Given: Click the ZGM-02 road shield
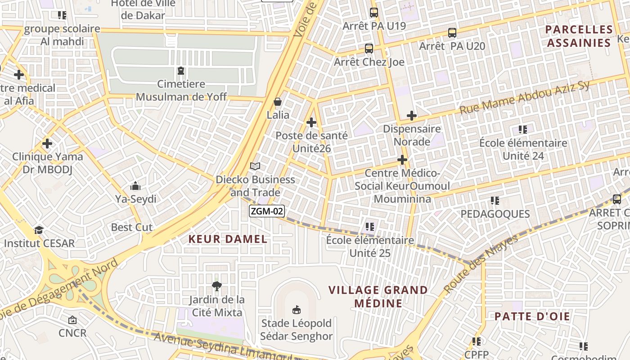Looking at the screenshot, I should tap(267, 211).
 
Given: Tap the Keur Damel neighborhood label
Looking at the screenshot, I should tap(228, 239).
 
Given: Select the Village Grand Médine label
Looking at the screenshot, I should tap(378, 297).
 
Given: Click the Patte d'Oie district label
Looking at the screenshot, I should tap(532, 316).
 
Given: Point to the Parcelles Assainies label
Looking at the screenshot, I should tap(579, 36).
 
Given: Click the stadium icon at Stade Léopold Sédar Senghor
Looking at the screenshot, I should tap(297, 310).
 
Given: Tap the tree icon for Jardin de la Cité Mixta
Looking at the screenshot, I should tap(216, 286).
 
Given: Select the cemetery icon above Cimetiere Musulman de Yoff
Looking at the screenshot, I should tap(181, 71).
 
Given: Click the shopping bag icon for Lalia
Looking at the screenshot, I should tap(278, 102).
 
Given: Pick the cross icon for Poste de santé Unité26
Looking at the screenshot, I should tap(311, 122).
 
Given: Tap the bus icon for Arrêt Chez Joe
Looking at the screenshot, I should tap(369, 49).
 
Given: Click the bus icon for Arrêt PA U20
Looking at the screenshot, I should tap(452, 33).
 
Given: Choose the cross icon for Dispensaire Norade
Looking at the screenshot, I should tap(411, 116).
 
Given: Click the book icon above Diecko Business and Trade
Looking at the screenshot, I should tap(255, 166).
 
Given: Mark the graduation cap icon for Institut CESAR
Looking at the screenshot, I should tap(39, 230).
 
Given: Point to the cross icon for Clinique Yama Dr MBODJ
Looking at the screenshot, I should tap(47, 144).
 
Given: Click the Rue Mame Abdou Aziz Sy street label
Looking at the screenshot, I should tap(524, 98).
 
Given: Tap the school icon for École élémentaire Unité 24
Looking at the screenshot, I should tap(523, 130).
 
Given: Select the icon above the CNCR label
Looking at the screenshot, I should tap(72, 320).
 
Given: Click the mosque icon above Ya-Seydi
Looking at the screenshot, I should tap(135, 186).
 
